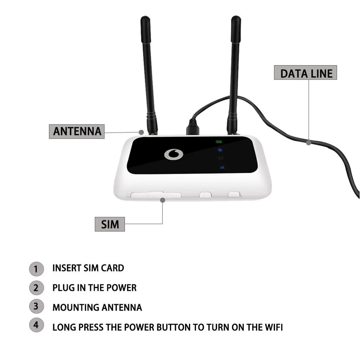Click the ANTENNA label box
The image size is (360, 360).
[x=76, y=131]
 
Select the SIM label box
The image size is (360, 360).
[x=110, y=224]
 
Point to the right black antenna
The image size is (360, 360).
[x=234, y=72]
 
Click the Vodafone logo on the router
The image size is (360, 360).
[x=174, y=154]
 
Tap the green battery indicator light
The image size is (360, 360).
[x=219, y=141]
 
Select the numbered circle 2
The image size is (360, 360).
[x=36, y=288]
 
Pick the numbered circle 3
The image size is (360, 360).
[x=36, y=307]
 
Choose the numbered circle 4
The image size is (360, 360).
[x=36, y=325]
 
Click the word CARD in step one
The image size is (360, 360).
[x=113, y=268]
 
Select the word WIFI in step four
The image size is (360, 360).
[x=272, y=328]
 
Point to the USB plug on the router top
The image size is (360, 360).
[x=192, y=127]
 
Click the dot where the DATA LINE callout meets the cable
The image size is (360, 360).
[x=309, y=143]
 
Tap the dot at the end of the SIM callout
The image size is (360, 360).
[x=163, y=199]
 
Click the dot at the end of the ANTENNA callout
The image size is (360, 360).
[x=142, y=132]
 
